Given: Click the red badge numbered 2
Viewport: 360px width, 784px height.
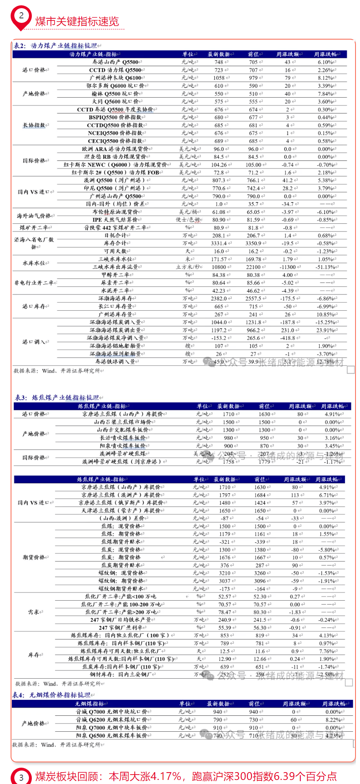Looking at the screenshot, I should pyautogui.click(x=21, y=17).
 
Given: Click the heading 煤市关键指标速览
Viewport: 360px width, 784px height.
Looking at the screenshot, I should pyautogui.click(x=77, y=22).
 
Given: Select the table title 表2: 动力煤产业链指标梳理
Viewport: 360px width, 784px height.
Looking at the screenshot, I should pyautogui.click(x=56, y=46).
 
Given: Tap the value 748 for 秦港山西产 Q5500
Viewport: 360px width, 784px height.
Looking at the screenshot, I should pyautogui.click(x=219, y=62).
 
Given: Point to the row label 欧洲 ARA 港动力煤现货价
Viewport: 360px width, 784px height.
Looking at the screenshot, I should pyautogui.click(x=116, y=149).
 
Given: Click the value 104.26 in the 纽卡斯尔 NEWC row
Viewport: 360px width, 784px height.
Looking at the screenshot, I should pyautogui.click(x=219, y=165).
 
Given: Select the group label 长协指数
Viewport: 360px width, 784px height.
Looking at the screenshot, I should pyautogui.click(x=34, y=125).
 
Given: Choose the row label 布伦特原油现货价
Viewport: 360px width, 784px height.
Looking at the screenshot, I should pyautogui.click(x=116, y=212).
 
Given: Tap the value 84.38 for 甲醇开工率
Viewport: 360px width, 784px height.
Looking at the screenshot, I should pyautogui.click(x=219, y=275).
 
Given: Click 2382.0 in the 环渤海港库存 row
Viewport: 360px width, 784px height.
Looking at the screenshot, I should pyautogui.click(x=219, y=298).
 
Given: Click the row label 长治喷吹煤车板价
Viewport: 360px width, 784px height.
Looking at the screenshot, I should pyautogui.click(x=123, y=438).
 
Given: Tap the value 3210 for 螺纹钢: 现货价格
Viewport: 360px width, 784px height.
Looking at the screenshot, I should pyautogui.click(x=224, y=573).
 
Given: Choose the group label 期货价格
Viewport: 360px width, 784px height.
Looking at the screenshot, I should pyautogui.click(x=34, y=557).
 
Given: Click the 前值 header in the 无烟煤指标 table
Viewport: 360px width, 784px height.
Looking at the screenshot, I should pyautogui.click(x=254, y=704).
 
